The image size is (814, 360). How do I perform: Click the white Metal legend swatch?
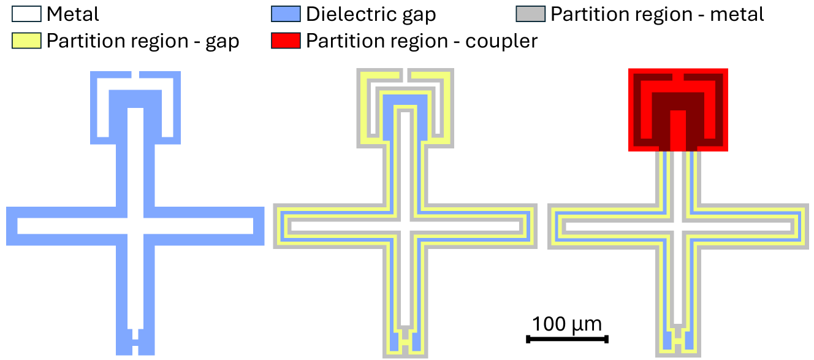(26, 13)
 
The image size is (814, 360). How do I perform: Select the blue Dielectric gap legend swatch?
(286, 13)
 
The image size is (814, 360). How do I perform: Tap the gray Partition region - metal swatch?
(531, 13)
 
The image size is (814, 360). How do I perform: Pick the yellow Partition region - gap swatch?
(26, 41)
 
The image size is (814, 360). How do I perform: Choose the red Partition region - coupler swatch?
(286, 41)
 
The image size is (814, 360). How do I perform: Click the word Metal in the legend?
(72, 13)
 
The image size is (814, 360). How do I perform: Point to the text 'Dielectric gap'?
(371, 13)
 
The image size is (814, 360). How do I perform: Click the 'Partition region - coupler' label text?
(422, 41)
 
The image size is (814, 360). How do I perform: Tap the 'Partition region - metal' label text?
(657, 13)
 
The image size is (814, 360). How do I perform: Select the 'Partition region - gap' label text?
(143, 41)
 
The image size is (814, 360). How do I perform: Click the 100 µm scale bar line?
(567, 339)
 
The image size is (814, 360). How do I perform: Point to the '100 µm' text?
(567, 323)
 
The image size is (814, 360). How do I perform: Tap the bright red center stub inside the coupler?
(677, 130)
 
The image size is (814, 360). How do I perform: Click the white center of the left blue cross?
(135, 226)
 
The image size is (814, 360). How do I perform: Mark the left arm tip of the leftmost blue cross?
(12, 226)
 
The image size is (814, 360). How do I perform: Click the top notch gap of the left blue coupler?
(135, 75)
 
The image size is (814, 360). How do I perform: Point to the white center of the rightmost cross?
(677, 226)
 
